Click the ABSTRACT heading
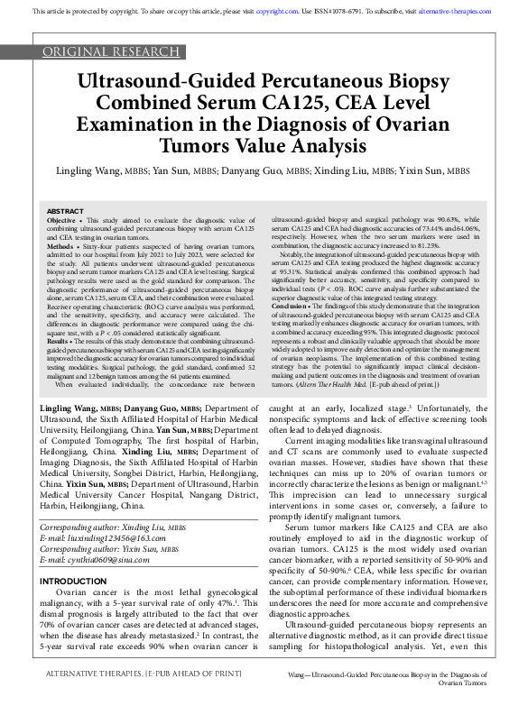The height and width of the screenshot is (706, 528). tap(65, 210)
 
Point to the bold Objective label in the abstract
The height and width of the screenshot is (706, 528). tap(61, 220)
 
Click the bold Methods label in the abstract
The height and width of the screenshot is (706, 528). tap(60, 246)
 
